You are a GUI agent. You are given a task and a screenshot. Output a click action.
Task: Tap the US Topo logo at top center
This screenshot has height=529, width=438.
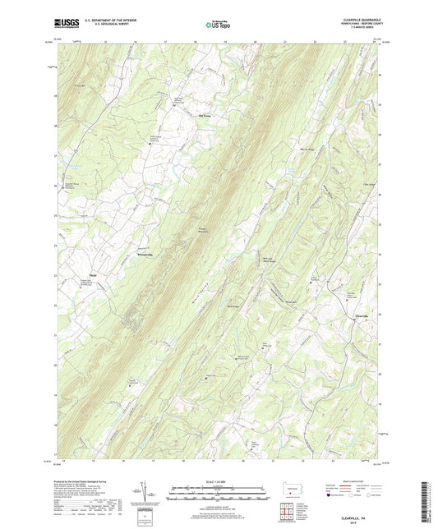pos(218,25)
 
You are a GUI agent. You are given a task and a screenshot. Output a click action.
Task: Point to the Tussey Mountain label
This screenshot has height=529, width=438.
pos(201,230)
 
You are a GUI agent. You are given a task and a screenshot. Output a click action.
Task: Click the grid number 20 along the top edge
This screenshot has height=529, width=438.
pos(255,39)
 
